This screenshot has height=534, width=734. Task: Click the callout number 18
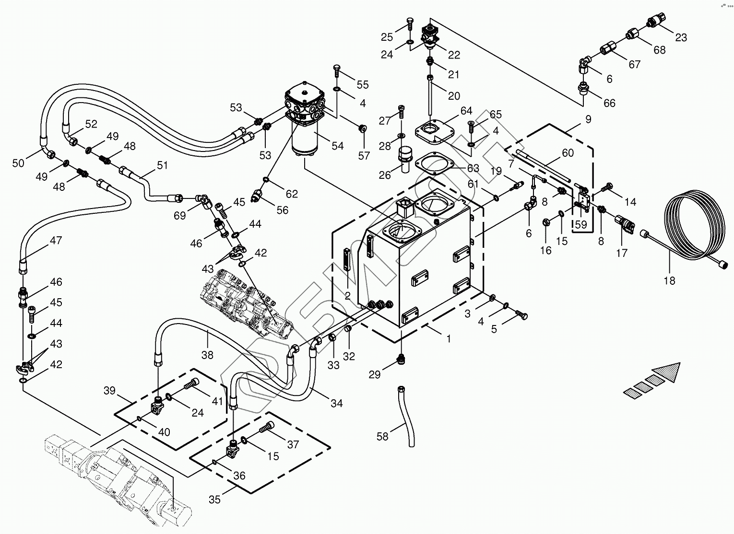[669, 280]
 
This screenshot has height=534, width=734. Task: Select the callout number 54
[338, 145]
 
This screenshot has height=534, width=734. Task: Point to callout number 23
[681, 37]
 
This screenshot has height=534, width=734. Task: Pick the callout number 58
[382, 437]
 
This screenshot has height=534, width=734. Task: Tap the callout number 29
[374, 374]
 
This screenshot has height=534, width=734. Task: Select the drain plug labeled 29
[402, 359]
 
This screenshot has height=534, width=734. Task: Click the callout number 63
[473, 168]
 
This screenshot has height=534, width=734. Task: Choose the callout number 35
[214, 499]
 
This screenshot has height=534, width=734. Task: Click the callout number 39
[110, 390]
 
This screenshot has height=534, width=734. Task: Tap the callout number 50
[18, 163]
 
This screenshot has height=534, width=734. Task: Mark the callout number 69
[179, 216]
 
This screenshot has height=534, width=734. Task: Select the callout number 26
[385, 175]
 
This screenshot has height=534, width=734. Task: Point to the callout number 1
[449, 338]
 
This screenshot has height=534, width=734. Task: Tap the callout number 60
[568, 153]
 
